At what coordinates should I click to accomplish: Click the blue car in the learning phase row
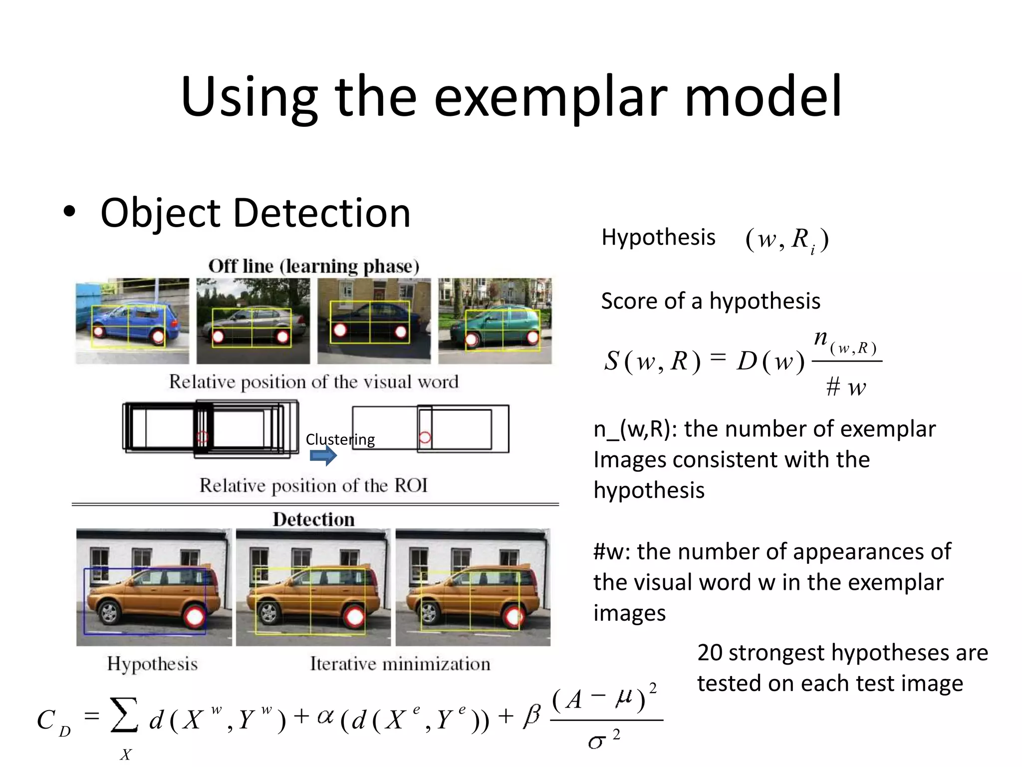[132, 321]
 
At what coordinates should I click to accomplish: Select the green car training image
[495, 321]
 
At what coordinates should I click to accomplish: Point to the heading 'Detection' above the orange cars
[313, 519]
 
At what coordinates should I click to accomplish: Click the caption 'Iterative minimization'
[400, 664]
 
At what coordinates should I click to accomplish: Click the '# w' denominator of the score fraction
[846, 387]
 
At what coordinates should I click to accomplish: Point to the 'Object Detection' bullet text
[255, 213]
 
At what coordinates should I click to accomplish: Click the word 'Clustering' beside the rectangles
[340, 439]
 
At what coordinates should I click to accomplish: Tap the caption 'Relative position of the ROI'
[313, 485]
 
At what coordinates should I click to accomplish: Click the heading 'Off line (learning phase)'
[313, 266]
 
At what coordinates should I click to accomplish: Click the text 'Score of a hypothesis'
[710, 301]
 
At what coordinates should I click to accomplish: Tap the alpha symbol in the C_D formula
[325, 716]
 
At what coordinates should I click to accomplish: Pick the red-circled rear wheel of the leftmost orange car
[195, 617]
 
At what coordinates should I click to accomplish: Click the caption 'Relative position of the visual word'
[313, 382]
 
